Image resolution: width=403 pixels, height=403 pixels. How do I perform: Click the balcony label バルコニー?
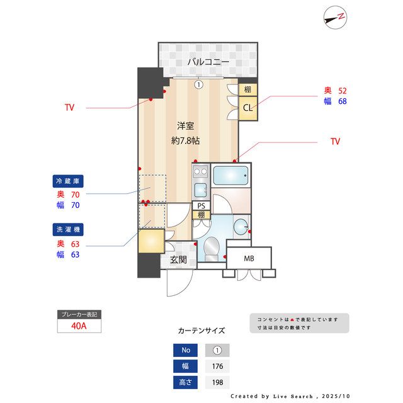207,62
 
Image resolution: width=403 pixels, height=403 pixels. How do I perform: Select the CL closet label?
248,108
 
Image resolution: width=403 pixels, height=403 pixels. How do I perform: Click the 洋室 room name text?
185,125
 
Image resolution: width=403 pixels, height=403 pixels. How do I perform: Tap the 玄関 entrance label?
178,259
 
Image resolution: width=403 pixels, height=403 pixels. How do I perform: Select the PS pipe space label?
201,206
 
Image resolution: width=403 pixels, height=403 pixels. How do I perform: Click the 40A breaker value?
79,326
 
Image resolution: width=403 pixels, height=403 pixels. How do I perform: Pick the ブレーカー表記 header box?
79,314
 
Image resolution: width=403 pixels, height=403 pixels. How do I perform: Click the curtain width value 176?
217,366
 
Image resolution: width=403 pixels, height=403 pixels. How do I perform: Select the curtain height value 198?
217,382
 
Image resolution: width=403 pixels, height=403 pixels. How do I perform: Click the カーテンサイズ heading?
201,331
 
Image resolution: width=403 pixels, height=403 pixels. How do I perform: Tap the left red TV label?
69,108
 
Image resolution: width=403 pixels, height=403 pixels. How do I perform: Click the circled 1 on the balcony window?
198,84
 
